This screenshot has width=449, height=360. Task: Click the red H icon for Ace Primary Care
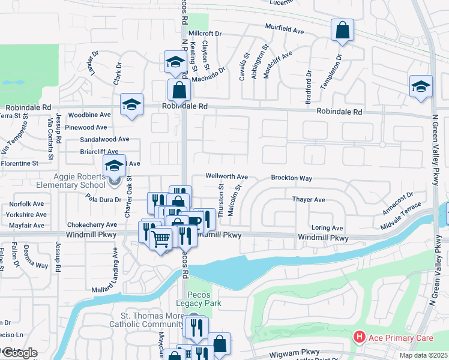(x=360, y=338)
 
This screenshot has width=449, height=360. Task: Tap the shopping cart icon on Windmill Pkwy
(x=161, y=239)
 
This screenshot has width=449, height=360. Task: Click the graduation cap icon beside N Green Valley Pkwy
(x=421, y=86)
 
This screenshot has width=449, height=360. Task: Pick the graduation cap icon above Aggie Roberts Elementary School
(x=114, y=165)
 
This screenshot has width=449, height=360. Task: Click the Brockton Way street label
(x=291, y=178)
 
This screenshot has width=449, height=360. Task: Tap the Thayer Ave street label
(x=308, y=199)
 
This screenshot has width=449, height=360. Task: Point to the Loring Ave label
(x=327, y=228)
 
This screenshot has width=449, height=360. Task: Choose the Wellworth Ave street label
(x=226, y=177)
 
